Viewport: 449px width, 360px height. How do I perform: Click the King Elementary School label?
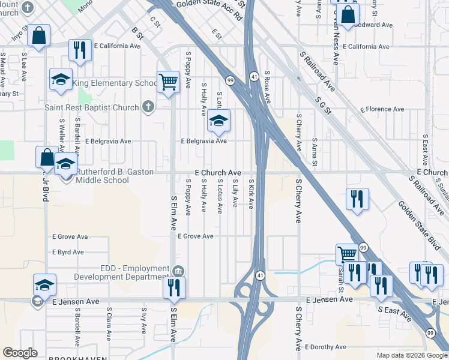coord(115,83)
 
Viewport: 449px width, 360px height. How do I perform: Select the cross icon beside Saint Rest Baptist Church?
coord(148,107)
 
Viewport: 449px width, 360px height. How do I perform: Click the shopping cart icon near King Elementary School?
coord(169,82)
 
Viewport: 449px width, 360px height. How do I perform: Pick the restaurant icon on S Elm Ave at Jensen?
coord(175,287)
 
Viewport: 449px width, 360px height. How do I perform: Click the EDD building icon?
coord(178,272)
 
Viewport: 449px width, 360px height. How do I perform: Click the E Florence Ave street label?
coord(382,109)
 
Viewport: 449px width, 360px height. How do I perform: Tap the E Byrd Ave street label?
coord(68,252)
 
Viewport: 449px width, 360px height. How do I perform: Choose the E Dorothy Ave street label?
coord(325,347)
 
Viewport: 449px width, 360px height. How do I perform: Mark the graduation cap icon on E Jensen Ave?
coord(44,285)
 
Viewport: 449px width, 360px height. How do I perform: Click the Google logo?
coord(20,353)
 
